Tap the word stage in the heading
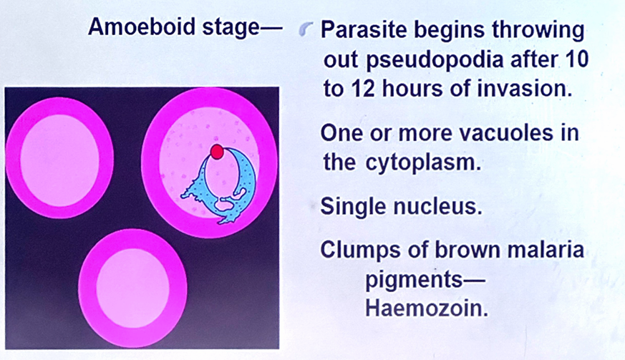pyautogui.click(x=231, y=29)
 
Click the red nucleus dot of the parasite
pyautogui.click(x=217, y=152)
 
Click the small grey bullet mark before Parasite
pyautogui.click(x=306, y=29)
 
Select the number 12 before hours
pyautogui.click(x=363, y=89)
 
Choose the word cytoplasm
pyautogui.click(x=423, y=162)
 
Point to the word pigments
pyautogui.click(x=415, y=280)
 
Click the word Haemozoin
pyautogui.click(x=427, y=308)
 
